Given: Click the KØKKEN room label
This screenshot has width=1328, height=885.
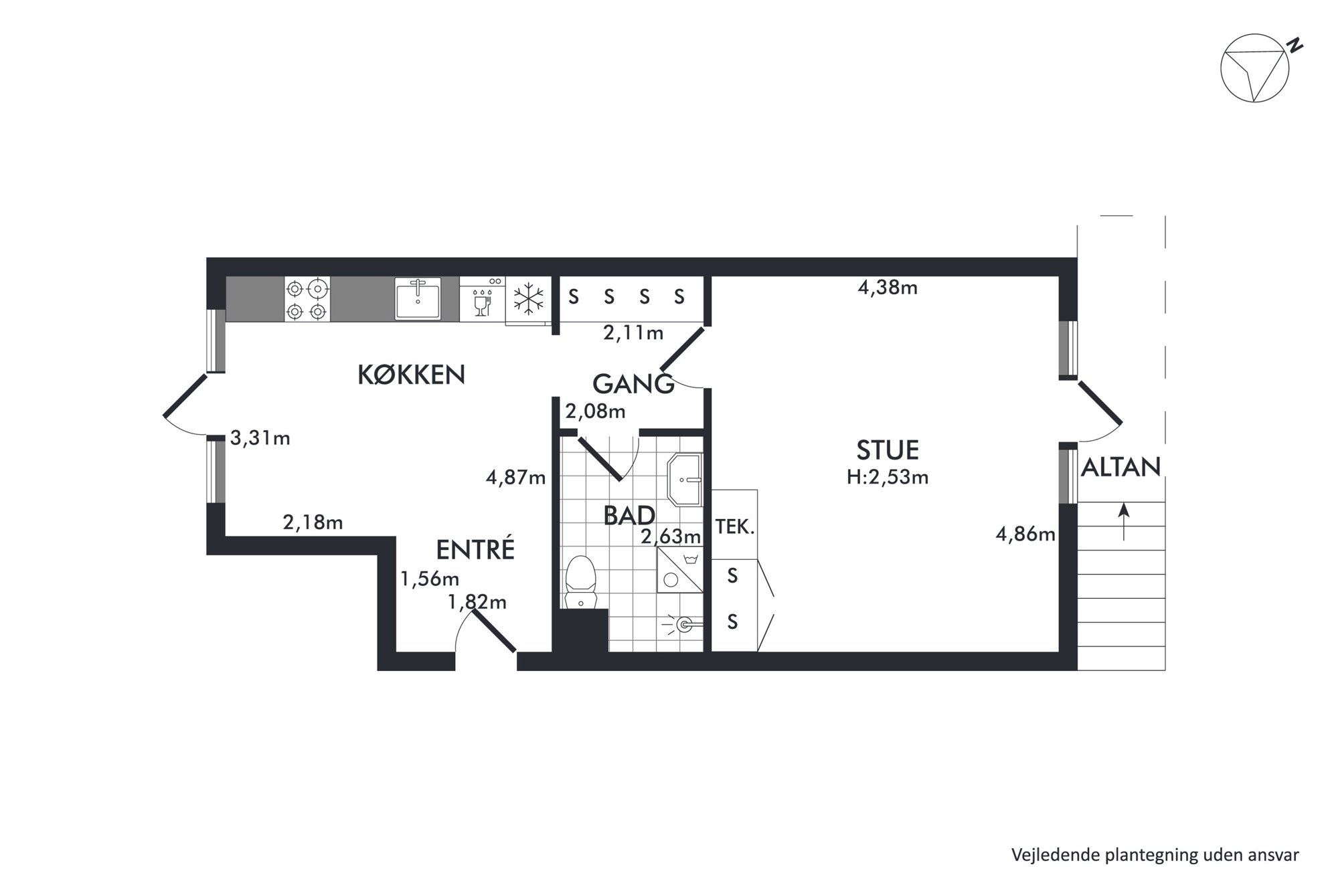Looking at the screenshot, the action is click(411, 375).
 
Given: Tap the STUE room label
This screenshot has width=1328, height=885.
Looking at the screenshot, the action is click(888, 450).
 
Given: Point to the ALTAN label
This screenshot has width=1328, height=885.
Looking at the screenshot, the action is click(1120, 467).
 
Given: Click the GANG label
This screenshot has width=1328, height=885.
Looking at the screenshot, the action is click(633, 384).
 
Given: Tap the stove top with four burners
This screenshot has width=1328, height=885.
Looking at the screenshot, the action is click(307, 299).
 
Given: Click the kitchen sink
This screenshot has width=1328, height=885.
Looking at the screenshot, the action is click(418, 298).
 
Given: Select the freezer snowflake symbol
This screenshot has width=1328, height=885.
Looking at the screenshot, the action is click(528, 298).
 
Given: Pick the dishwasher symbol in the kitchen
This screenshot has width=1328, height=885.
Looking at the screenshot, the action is click(482, 298).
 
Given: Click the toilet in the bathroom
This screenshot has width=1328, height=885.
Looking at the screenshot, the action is click(580, 582).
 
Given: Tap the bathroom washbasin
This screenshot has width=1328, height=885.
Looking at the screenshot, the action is click(684, 479).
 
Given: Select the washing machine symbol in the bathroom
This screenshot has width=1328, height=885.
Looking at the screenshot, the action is click(680, 570).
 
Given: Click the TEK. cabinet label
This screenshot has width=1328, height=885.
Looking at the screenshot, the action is click(735, 526).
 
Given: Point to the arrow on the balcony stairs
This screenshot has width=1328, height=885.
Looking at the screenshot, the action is click(1123, 522).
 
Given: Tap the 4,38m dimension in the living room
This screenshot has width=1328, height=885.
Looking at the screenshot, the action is click(888, 288).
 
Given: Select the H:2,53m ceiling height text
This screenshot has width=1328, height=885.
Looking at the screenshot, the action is click(888, 477).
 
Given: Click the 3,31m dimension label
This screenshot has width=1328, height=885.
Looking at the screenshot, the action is click(260, 438).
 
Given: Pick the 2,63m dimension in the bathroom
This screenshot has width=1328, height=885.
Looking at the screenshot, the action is click(671, 536).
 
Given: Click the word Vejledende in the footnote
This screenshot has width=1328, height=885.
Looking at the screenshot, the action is click(1048, 855).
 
